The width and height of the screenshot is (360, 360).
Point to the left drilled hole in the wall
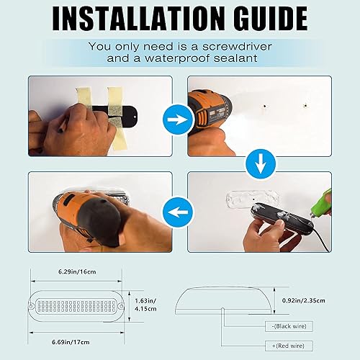click(264, 104)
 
